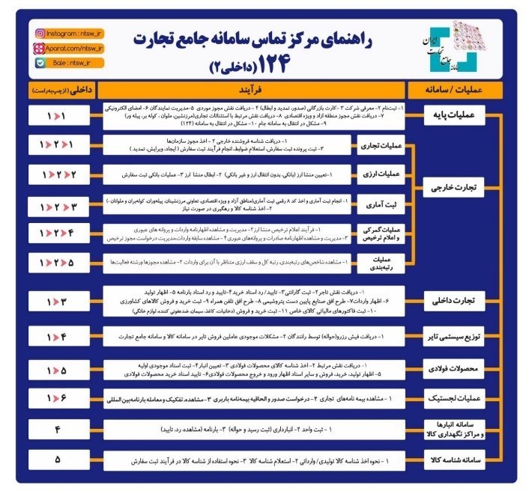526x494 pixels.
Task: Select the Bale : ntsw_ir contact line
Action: click(x=64, y=64)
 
